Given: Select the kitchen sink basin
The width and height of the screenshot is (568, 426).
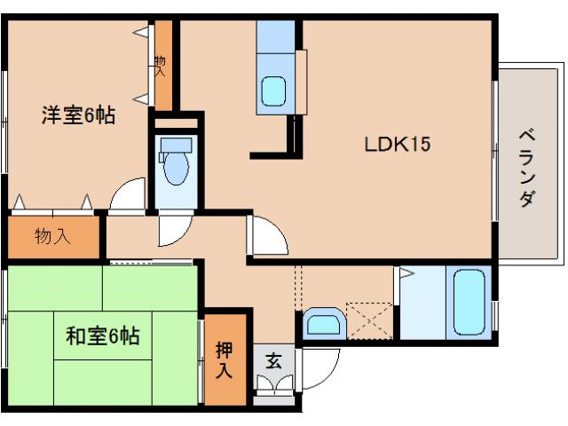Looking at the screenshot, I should (274, 91).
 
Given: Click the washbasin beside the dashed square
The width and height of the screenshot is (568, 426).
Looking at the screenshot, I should (321, 325).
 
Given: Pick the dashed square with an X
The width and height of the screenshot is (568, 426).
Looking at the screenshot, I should (368, 319).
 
